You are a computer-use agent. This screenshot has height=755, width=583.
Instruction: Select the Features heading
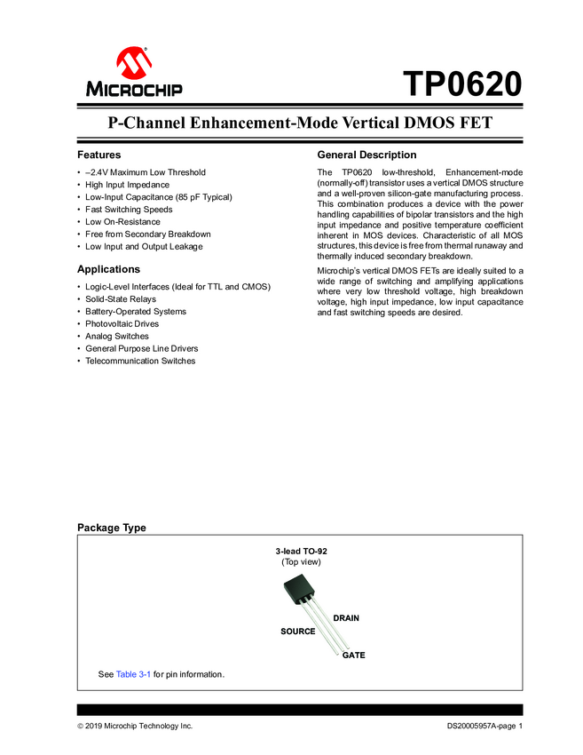(98, 155)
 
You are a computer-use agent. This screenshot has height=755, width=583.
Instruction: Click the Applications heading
(108, 269)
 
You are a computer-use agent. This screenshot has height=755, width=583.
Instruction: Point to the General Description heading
(366, 155)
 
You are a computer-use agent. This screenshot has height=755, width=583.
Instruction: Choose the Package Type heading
(111, 528)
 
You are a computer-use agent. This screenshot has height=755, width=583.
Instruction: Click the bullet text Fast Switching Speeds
(129, 210)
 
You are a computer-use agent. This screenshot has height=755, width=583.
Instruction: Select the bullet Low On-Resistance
(122, 222)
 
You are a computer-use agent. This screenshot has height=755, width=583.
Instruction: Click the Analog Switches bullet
(117, 337)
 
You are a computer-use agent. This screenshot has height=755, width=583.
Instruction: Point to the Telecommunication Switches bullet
(140, 362)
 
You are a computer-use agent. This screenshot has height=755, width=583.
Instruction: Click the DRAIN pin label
(346, 617)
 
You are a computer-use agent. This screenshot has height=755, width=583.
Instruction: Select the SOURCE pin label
(298, 632)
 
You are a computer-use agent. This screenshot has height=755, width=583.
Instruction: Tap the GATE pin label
(354, 655)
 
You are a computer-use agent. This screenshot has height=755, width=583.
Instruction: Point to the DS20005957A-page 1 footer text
(485, 727)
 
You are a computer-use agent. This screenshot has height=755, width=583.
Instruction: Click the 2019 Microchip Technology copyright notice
(135, 727)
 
